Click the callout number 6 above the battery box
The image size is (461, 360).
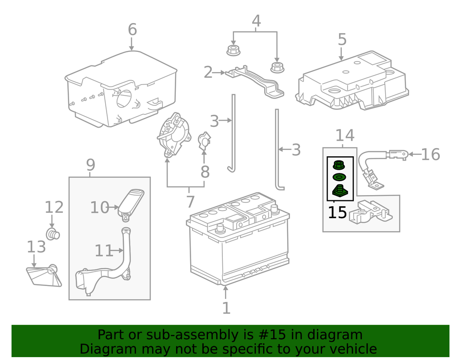(132, 30)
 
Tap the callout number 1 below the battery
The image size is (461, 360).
(226, 308)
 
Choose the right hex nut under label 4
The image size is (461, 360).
(277, 67)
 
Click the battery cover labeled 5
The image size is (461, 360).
(353, 82)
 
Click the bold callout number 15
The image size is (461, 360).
(337, 212)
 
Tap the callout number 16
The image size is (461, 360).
(430, 154)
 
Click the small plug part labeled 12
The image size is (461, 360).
(52, 234)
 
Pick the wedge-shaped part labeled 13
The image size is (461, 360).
(44, 276)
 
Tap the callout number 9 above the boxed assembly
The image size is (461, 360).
(90, 165)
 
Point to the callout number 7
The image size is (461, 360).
(190, 201)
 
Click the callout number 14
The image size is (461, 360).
(344, 136)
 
